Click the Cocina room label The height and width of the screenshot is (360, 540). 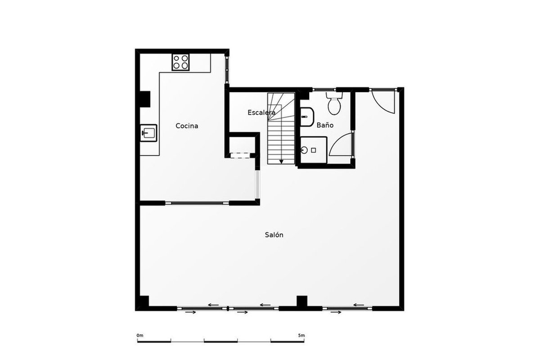coord(187,126)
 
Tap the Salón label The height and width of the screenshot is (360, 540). coord(274,234)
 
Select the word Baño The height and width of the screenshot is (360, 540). coord(325,125)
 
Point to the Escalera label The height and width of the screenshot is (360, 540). coord(261,112)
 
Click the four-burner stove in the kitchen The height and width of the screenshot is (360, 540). coord(180,62)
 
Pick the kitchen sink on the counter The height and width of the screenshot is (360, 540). coord(148,133)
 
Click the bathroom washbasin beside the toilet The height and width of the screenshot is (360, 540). coord(307,117)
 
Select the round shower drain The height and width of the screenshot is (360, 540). coord(304,150)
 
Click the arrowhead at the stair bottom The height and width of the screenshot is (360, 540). coord(281,162)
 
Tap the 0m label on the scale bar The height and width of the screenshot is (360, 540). coord(140,335)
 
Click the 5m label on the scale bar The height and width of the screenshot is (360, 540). coord(301,335)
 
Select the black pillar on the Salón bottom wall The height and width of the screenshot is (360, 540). coord(302,301)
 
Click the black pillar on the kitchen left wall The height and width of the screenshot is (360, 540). coord(145,99)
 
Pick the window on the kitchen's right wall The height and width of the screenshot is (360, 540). coord(227,70)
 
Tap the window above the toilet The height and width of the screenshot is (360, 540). coord(324,90)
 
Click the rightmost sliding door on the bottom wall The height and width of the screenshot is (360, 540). coord(347,308)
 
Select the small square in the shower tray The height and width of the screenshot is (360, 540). coord(313,150)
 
